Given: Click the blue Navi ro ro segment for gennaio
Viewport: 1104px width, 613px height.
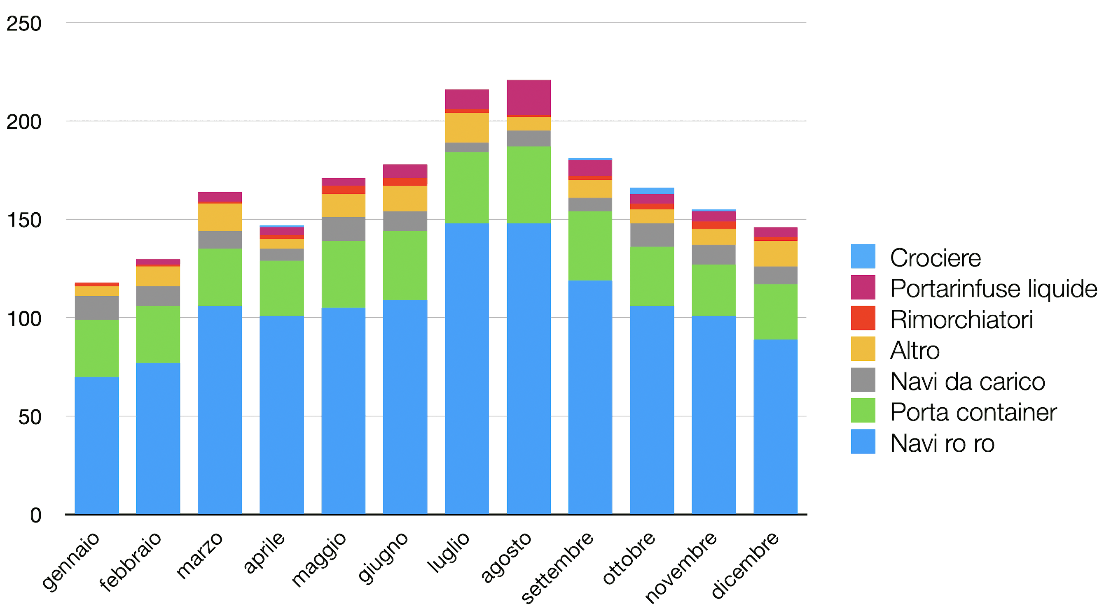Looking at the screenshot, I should [x=96, y=445].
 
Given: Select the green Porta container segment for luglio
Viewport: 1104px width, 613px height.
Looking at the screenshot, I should [x=467, y=188].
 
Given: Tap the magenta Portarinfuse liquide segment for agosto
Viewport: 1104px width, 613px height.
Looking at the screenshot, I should [x=529, y=98].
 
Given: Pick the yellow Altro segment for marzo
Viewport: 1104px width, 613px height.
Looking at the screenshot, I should [x=220, y=217].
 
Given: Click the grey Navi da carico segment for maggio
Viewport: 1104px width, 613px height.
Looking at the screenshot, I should [x=343, y=229].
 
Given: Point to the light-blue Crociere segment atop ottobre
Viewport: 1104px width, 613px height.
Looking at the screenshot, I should [x=652, y=191].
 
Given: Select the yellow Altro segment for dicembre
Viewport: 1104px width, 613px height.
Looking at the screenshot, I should [x=775, y=253].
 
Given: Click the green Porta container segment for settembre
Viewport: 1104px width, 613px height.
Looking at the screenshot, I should [x=590, y=246].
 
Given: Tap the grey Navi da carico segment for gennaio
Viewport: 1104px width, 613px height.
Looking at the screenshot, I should [x=96, y=308].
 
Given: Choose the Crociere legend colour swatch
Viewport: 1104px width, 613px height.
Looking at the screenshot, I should [x=863, y=256].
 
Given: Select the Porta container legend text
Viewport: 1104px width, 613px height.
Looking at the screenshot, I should [x=973, y=412].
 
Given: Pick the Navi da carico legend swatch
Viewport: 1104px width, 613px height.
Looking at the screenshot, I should [x=863, y=380].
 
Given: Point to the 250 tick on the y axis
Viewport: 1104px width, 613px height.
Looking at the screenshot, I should [x=24, y=23].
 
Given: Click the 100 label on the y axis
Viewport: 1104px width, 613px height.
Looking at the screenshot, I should [x=24, y=319].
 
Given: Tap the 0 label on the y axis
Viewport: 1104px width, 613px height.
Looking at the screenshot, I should [x=35, y=515].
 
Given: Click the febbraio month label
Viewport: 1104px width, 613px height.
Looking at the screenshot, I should [x=131, y=562].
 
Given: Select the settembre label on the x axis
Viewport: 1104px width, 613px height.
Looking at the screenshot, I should [x=557, y=567].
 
